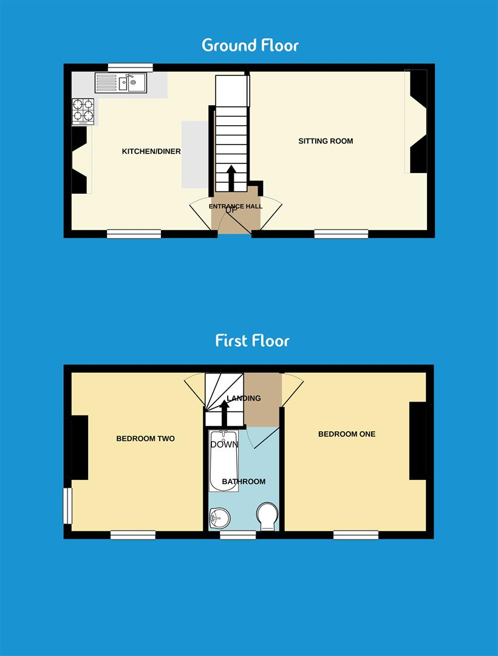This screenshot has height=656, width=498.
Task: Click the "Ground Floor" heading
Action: (250, 45)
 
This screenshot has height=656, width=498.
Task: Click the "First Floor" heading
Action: (252, 340)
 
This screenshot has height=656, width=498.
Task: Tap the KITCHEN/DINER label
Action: (151, 151)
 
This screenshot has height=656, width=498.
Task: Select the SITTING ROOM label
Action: (326, 141)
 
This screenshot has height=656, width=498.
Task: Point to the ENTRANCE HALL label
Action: (236, 207)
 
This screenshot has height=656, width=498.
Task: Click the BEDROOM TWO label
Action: (145, 438)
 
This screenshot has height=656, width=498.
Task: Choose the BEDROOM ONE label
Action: (347, 434)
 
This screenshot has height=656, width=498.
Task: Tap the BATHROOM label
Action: (244, 482)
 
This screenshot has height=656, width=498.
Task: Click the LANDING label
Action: (244, 398)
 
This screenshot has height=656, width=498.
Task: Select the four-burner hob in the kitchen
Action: (83, 111)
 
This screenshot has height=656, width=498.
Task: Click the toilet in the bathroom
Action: (267, 515)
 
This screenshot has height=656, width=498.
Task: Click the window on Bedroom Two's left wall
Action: (68, 506)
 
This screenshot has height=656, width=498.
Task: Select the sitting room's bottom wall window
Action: (341, 233)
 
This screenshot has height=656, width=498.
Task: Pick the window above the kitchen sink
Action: (130, 67)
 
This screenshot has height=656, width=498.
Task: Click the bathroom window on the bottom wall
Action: (237, 535)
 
